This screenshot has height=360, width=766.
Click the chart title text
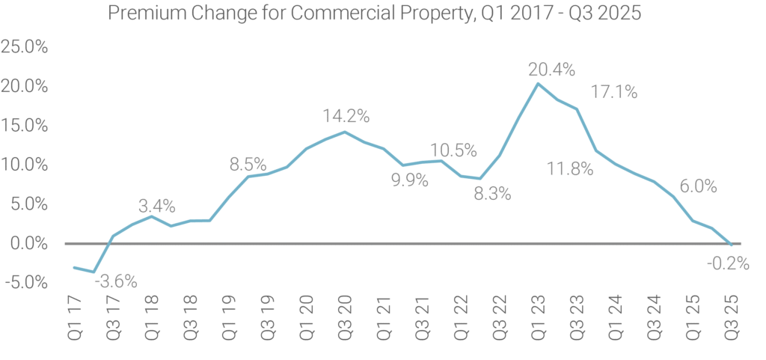pos(374,13)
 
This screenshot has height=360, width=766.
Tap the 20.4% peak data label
pos(552,70)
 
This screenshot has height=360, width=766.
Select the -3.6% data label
pos(116,282)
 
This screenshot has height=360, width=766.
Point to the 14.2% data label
pos(346,116)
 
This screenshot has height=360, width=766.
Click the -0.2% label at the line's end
pos(727,263)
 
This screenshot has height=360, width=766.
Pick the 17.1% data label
pos(614,92)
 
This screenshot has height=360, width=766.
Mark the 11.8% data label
pos(570,169)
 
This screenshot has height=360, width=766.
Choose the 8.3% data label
pos(492,195)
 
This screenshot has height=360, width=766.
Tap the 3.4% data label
pos(157,206)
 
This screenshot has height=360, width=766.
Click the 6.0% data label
pos(698,186)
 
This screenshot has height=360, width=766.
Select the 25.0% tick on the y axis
pos(25,47)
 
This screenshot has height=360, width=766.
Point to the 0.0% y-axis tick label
pos(29,243)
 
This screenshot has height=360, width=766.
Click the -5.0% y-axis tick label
pos(26,282)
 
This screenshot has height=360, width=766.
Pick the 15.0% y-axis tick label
pos(25,126)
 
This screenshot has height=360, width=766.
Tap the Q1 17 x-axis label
pos(74,318)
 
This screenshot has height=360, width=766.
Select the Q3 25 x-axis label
pos(731,318)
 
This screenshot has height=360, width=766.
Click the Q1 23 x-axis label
pos(537,318)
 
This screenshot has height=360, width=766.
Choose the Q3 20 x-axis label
pos(345,318)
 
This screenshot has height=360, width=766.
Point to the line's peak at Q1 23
pos(537,84)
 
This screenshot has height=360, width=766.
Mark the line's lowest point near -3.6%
pos(94,272)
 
